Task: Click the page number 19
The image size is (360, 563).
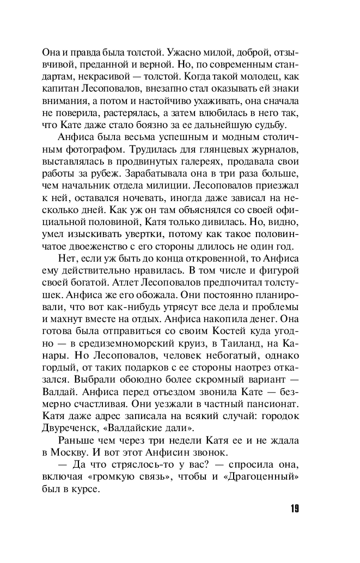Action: [292, 509]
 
